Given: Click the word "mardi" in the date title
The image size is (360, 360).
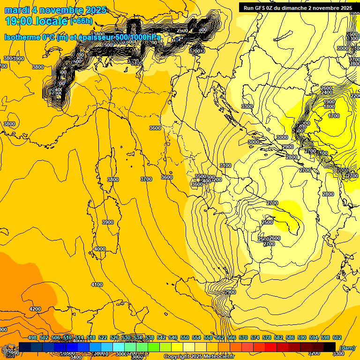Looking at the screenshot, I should coord(17,10).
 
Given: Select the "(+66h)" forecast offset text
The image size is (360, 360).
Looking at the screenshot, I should coord(81,21).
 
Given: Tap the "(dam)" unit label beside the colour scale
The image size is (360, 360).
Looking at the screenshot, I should coord(347,347).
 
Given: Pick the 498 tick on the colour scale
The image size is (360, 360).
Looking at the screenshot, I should coord(32,337).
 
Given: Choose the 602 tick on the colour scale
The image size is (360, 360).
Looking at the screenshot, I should coord(337,337).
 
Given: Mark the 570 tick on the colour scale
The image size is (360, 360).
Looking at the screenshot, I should coord(243,337).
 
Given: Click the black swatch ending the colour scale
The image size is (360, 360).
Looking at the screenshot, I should coord(330,346).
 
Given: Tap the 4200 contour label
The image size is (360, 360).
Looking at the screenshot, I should coord(35,309).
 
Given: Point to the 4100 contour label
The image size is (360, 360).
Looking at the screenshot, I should coord(97,285).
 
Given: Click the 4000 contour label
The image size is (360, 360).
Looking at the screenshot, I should coord(99,249).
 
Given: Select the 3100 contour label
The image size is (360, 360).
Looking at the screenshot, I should coord(225,165).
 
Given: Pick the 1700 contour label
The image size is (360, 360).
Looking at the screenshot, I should coord(334,116).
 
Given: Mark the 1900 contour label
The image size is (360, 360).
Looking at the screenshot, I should coord(329,102).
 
